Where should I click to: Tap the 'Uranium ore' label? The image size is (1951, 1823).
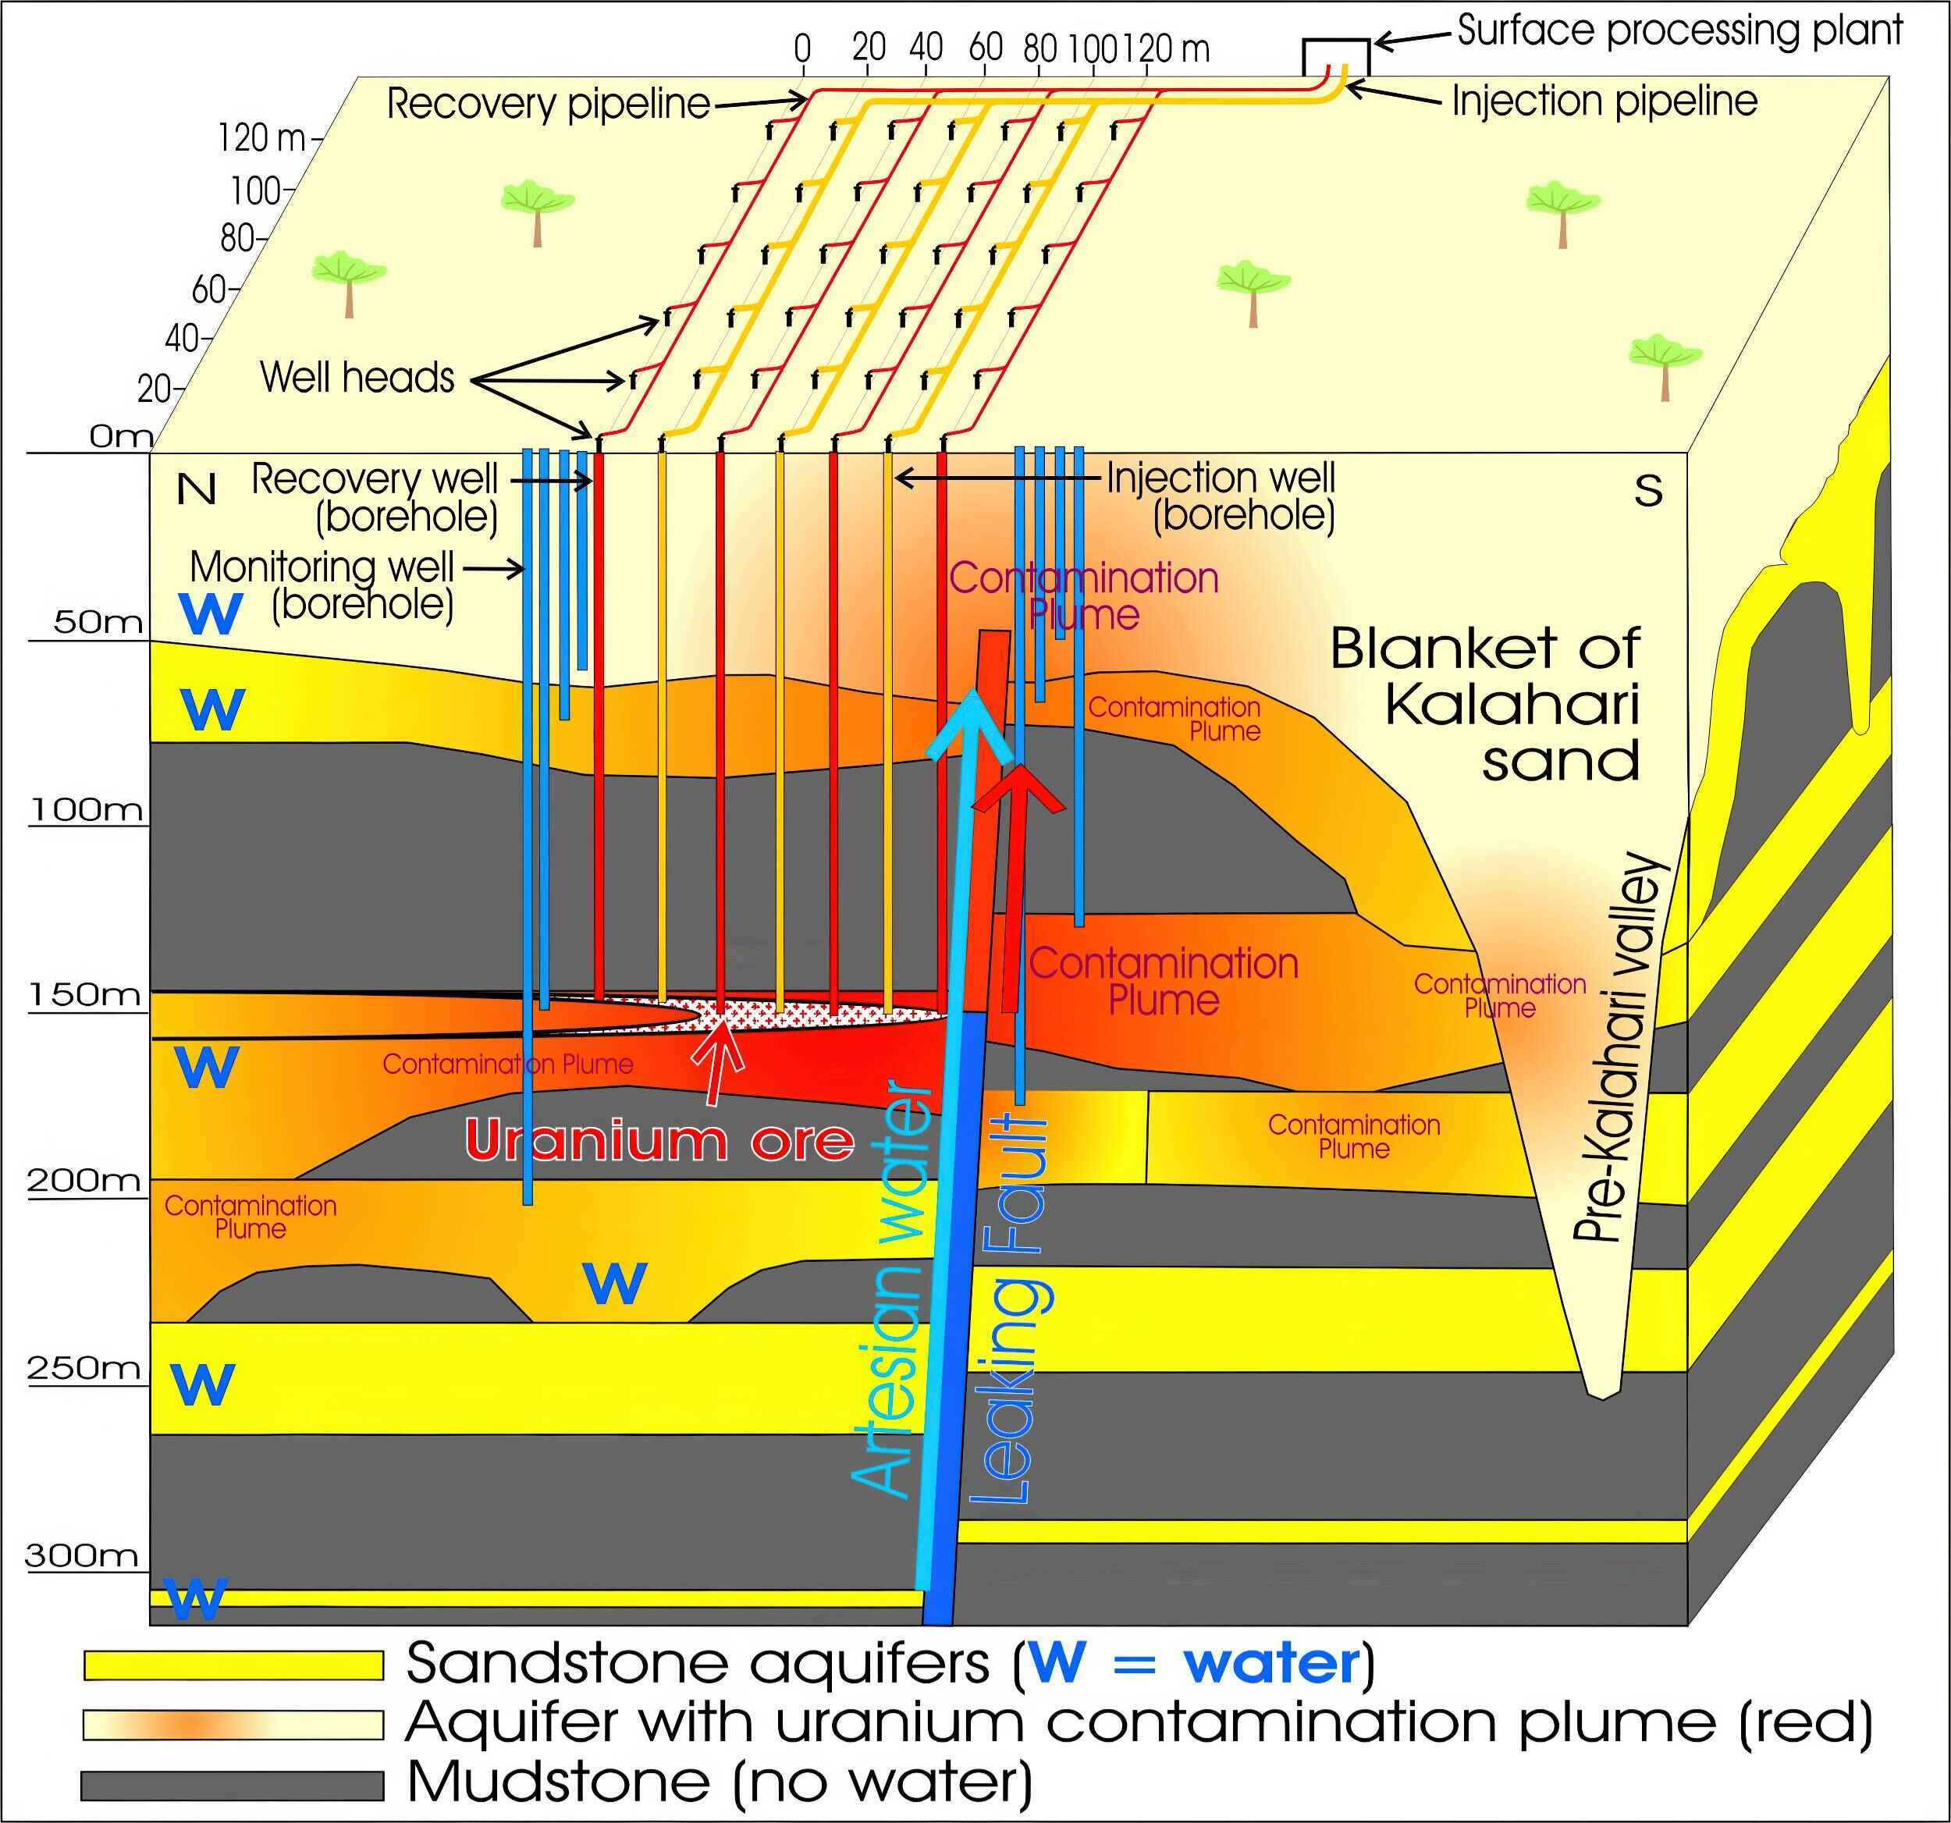coord(659,1140)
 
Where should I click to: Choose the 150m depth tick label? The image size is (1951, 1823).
coord(84,995)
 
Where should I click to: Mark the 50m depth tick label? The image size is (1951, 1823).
coord(98,622)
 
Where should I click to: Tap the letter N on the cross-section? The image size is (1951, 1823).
coord(197,489)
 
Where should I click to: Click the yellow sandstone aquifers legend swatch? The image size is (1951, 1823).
coord(233,1665)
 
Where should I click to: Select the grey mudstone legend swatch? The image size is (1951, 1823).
coord(233,1785)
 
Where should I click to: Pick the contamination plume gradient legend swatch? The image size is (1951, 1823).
coord(233,1725)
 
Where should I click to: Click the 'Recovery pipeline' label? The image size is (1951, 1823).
coord(548,104)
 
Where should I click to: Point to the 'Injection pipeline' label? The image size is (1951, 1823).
coord(1605,101)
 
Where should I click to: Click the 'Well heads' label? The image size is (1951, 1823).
coord(357,378)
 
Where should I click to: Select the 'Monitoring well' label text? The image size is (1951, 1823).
coord(322,567)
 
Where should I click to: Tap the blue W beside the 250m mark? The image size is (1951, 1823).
coord(204,1384)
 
